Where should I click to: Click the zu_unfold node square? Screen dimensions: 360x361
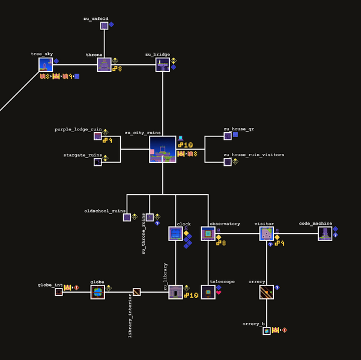(x=104, y=25)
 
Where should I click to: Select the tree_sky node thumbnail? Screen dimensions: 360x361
(x=46, y=64)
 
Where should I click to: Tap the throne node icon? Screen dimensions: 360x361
(x=104, y=64)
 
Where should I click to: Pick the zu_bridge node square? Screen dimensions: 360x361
(x=162, y=64)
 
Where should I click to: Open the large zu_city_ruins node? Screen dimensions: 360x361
(x=162, y=149)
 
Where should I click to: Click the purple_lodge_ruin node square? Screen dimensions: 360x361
(x=97, y=136)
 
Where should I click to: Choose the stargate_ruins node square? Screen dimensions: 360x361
(x=97, y=162)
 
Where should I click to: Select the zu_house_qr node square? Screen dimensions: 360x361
(x=227, y=136)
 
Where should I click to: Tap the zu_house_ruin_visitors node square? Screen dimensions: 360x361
(x=227, y=162)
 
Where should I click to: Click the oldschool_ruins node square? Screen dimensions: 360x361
(x=127, y=217)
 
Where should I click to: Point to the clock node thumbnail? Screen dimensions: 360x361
(x=175, y=233)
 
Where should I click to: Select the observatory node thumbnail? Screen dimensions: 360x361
(x=208, y=233)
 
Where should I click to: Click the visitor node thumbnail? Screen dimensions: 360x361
(x=266, y=233)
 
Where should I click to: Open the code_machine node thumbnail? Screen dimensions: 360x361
(x=325, y=233)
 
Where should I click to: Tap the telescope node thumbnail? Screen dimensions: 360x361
(x=208, y=292)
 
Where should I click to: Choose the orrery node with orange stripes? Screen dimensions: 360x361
(x=266, y=292)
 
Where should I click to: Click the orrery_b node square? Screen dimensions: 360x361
(x=266, y=331)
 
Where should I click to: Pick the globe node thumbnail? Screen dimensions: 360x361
(x=97, y=292)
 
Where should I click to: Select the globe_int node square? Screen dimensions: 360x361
(x=58, y=292)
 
